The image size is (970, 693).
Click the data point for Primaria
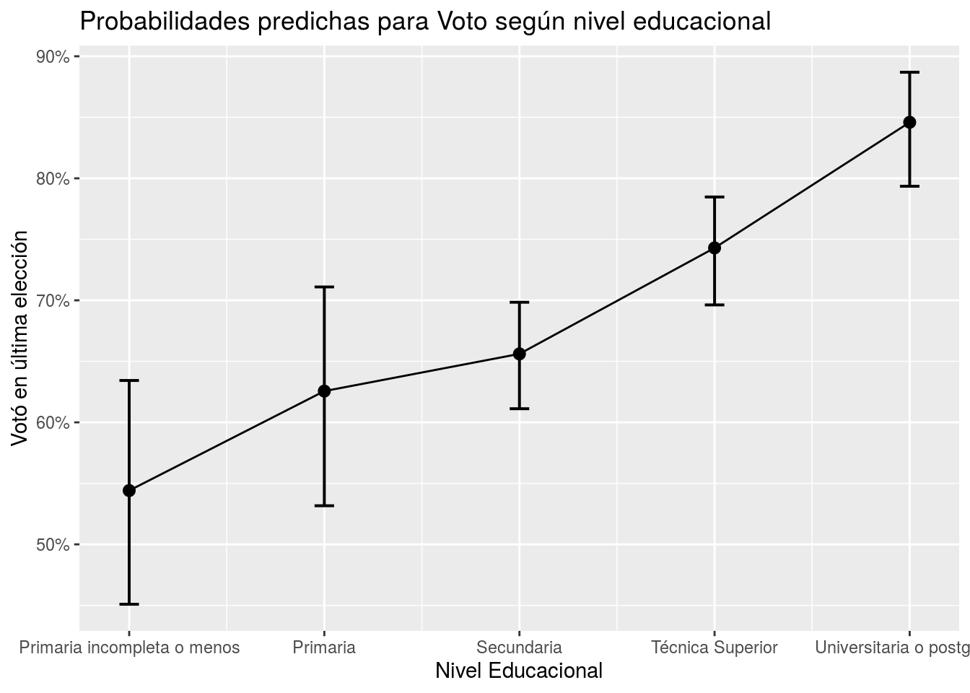coord(324,391)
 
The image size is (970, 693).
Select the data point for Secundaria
coord(519,354)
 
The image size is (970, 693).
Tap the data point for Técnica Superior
coord(715,248)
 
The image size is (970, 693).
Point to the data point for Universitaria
coord(909,122)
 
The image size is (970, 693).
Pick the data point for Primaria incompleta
coord(129,490)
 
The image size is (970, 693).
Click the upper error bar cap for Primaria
coord(324,287)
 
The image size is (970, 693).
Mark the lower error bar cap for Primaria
coord(324,505)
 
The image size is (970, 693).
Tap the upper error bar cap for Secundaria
coord(519,302)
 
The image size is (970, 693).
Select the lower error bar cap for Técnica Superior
coord(715,305)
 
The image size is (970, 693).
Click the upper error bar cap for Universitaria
coord(909,72)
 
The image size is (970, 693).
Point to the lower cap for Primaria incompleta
coord(129,604)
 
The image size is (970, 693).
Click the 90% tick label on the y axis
coord(53,56)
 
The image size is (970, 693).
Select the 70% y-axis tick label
coord(53,300)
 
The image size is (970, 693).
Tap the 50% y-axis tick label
coord(53,544)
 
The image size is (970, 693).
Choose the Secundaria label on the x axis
coord(519,648)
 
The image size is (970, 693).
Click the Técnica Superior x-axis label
coord(715,648)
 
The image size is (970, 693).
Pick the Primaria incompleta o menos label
coord(129,648)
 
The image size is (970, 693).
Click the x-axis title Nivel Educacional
coord(519,671)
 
